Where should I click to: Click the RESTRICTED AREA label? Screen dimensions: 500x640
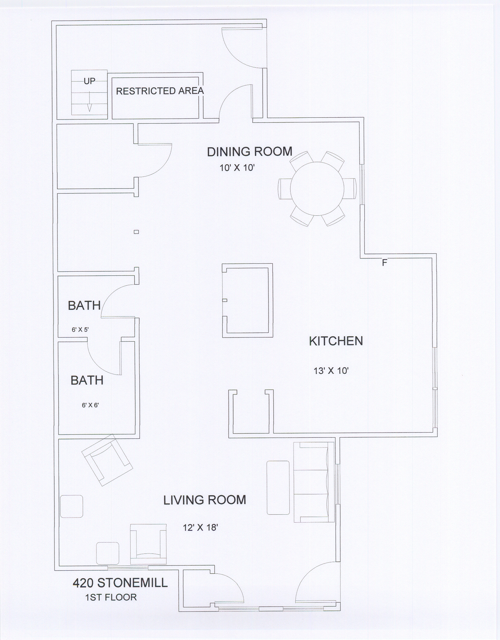160,91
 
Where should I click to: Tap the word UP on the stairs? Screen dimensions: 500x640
89,81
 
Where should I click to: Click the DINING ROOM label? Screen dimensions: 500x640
250,152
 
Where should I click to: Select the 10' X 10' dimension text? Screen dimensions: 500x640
237,168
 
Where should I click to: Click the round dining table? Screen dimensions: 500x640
317,189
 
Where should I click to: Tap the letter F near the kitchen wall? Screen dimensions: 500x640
384,263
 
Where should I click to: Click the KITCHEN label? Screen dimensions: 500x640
336,341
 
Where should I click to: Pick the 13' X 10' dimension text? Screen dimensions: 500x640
331,370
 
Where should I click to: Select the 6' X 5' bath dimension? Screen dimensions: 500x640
80,330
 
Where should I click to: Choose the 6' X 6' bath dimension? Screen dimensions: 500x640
90,405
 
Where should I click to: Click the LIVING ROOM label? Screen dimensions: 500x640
205,500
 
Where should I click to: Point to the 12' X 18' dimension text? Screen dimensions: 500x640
200,528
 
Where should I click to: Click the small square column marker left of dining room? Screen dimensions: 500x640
136,232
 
